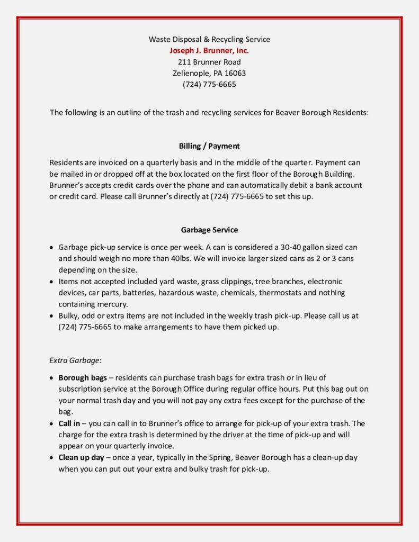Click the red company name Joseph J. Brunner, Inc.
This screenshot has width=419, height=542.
(x=209, y=51)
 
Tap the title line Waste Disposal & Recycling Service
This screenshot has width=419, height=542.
(x=209, y=39)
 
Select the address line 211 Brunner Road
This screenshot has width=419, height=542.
(x=209, y=62)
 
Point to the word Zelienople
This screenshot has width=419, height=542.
(x=191, y=73)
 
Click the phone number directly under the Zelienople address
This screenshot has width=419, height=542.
(x=209, y=85)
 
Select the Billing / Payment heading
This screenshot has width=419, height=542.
(x=209, y=146)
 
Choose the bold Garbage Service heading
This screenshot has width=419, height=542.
(x=209, y=230)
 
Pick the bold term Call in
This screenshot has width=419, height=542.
(x=70, y=423)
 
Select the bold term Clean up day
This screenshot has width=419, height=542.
(x=81, y=457)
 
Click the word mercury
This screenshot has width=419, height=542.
(x=112, y=304)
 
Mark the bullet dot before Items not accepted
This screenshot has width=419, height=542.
(x=51, y=282)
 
